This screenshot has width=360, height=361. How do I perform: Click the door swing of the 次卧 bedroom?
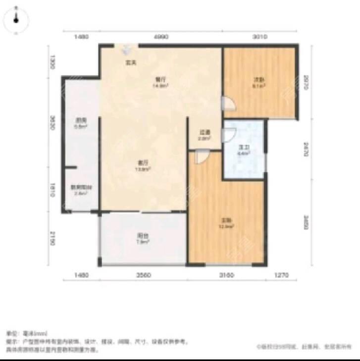(229, 103)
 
